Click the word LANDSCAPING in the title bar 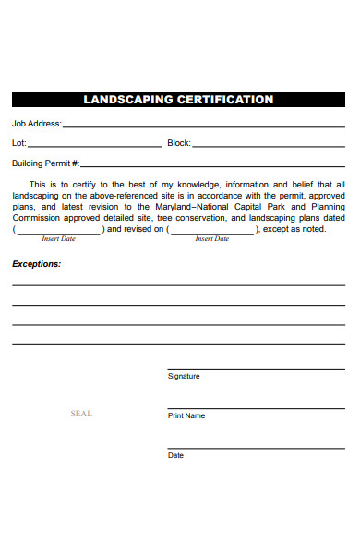click(127, 100)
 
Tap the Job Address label click(37, 123)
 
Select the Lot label click(18, 143)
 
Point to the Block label click(178, 143)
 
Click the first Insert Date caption click(58, 238)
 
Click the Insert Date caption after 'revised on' click(211, 238)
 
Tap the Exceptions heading click(36, 264)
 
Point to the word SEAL click(81, 414)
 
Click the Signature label click(183, 376)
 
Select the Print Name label click(186, 415)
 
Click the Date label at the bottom click(175, 455)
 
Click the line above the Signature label click(256, 367)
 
